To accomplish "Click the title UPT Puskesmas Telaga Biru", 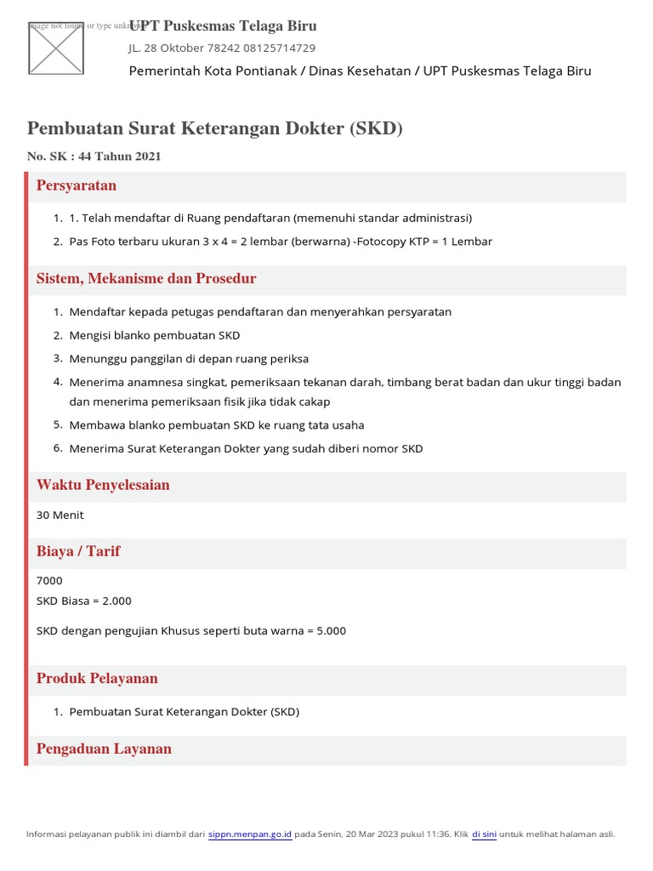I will pos(223,26).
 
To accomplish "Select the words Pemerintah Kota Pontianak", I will pos(213,71).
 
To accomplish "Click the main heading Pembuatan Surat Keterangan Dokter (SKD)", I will pos(215,128).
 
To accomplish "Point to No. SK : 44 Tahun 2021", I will pos(94,157).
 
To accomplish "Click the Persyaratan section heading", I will pos(77,185).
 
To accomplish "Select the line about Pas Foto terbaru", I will pos(281,242).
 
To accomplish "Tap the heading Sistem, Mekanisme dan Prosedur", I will pos(146,279).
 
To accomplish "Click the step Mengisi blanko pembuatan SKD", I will pos(155,335).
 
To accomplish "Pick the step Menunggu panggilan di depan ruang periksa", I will pos(189,359).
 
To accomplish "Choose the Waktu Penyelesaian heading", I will pos(103,486).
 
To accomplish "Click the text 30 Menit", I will pos(60,515).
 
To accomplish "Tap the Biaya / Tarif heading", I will pos(78,552).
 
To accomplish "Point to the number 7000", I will pos(49,581).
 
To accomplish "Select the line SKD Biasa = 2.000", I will pos(84,601).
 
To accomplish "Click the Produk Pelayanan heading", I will pos(97,679).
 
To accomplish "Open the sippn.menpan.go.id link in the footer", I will pos(250,834).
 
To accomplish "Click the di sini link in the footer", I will pos(484,834).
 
